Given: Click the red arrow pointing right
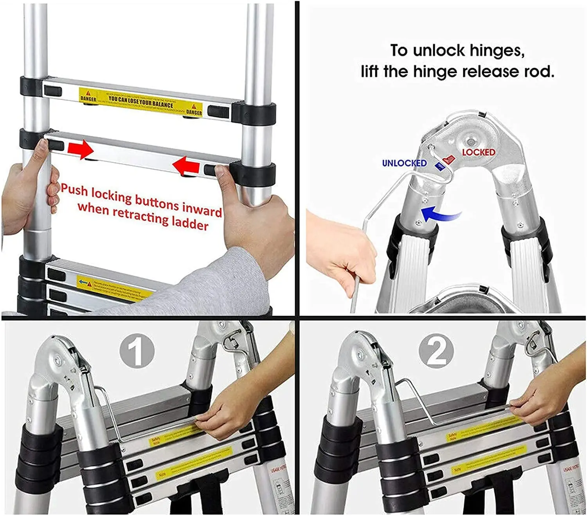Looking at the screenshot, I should [80, 150].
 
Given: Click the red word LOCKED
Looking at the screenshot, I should [478, 152].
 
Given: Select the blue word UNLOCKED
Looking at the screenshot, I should [404, 163].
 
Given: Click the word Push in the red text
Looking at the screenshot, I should [74, 190].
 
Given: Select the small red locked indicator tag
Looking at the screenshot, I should [448, 159].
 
